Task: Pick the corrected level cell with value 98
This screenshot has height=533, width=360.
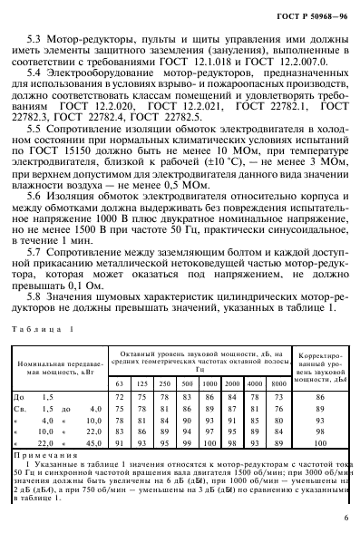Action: click(317, 430)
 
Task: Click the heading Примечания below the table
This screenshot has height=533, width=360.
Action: click(41, 454)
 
